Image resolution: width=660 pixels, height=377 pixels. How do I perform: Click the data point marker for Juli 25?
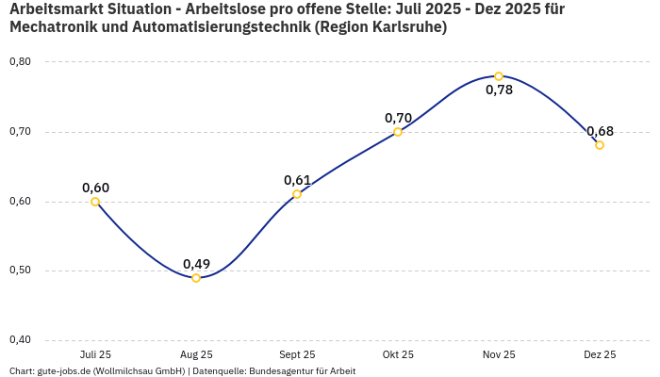(x=95, y=202)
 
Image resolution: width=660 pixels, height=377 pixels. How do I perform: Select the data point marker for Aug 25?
(x=196, y=278)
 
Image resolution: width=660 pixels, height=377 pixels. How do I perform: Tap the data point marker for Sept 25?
(x=297, y=194)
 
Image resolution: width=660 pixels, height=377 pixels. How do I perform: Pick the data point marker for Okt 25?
(x=398, y=132)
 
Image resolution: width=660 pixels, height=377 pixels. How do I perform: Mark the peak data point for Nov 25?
(x=499, y=76)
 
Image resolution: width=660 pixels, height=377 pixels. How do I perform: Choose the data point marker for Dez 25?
(x=600, y=145)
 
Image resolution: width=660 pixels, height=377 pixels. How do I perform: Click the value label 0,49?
(x=196, y=264)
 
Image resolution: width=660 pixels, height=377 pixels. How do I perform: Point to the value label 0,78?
(x=499, y=90)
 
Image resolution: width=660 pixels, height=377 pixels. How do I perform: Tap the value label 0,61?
(x=297, y=180)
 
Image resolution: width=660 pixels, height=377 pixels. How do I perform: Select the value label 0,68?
(x=600, y=131)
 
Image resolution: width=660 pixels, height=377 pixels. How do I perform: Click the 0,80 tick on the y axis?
(x=20, y=62)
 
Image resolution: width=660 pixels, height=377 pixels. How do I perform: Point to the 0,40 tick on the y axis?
(x=20, y=340)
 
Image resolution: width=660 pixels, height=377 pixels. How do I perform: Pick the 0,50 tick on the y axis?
(x=20, y=270)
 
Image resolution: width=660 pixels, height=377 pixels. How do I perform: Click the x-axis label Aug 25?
(x=196, y=354)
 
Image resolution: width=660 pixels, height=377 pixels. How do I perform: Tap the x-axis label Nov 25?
(x=499, y=354)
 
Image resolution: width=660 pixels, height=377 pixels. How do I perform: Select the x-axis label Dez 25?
(x=600, y=354)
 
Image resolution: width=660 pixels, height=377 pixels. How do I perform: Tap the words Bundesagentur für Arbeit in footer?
(x=302, y=371)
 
